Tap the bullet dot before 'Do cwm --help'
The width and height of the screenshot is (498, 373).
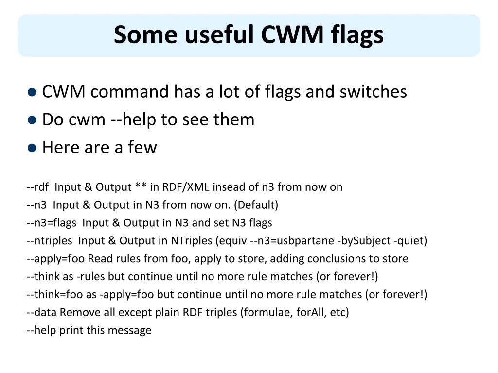pyautogui.click(x=32, y=120)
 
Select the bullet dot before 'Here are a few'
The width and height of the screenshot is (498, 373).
pyautogui.click(x=32, y=148)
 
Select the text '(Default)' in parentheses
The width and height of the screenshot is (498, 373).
pyautogui.click(x=256, y=205)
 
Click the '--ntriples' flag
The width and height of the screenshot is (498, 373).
pyautogui.click(x=50, y=241)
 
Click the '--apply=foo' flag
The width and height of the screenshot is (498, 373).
pyautogui.click(x=56, y=259)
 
